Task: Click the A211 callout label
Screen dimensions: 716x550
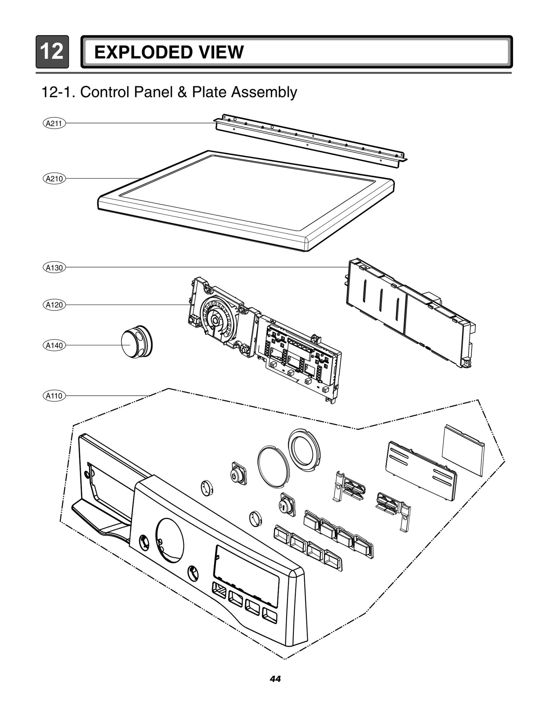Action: click(x=54, y=123)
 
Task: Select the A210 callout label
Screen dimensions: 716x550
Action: click(x=54, y=179)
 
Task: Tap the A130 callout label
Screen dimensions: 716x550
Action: click(x=54, y=268)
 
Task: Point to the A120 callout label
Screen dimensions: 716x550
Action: click(x=54, y=305)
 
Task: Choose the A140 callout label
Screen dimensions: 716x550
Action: click(x=54, y=345)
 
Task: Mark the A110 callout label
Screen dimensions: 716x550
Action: click(x=54, y=396)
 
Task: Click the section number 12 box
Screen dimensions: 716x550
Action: click(x=52, y=52)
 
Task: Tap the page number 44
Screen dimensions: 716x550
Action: click(x=275, y=679)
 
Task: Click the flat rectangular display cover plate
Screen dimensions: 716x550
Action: click(x=463, y=450)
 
